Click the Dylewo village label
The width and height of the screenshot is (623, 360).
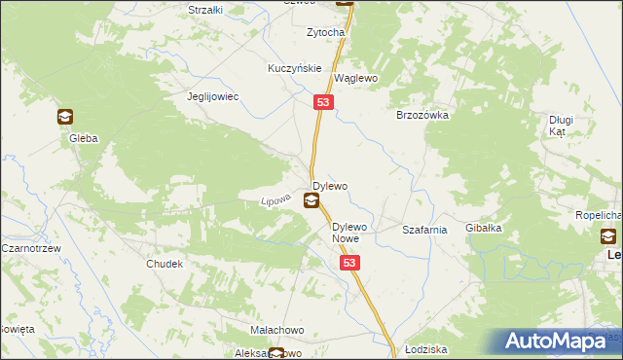pyautogui.click(x=330, y=185)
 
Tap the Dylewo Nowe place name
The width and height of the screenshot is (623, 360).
pyautogui.click(x=346, y=233)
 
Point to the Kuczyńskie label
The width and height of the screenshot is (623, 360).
pyautogui.click(x=295, y=69)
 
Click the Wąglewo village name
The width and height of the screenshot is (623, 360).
pyautogui.click(x=355, y=78)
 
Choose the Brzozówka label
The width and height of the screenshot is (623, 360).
pyautogui.click(x=421, y=114)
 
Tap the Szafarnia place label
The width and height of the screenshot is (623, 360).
pyautogui.click(x=424, y=231)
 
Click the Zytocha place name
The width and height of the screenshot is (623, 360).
pyautogui.click(x=326, y=32)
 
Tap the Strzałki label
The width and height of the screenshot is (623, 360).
pyautogui.click(x=205, y=9)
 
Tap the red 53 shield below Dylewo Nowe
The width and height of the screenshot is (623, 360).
pyautogui.click(x=350, y=263)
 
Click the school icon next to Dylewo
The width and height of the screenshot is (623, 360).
pyautogui.click(x=311, y=201)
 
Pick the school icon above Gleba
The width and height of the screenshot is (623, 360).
pyautogui.click(x=65, y=118)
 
